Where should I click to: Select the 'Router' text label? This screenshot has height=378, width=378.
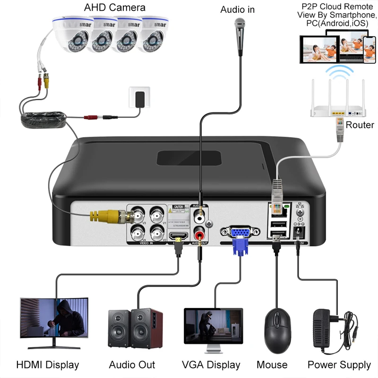360,125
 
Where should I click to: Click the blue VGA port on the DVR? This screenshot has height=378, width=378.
240,232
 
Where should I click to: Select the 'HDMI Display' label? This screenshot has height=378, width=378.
48,365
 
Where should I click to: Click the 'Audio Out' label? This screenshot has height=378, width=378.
132,365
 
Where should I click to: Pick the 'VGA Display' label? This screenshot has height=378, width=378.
211,365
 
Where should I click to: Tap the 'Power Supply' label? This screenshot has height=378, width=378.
339,365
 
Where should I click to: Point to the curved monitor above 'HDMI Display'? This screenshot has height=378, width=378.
54,318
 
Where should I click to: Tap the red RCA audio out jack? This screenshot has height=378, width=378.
201,234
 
